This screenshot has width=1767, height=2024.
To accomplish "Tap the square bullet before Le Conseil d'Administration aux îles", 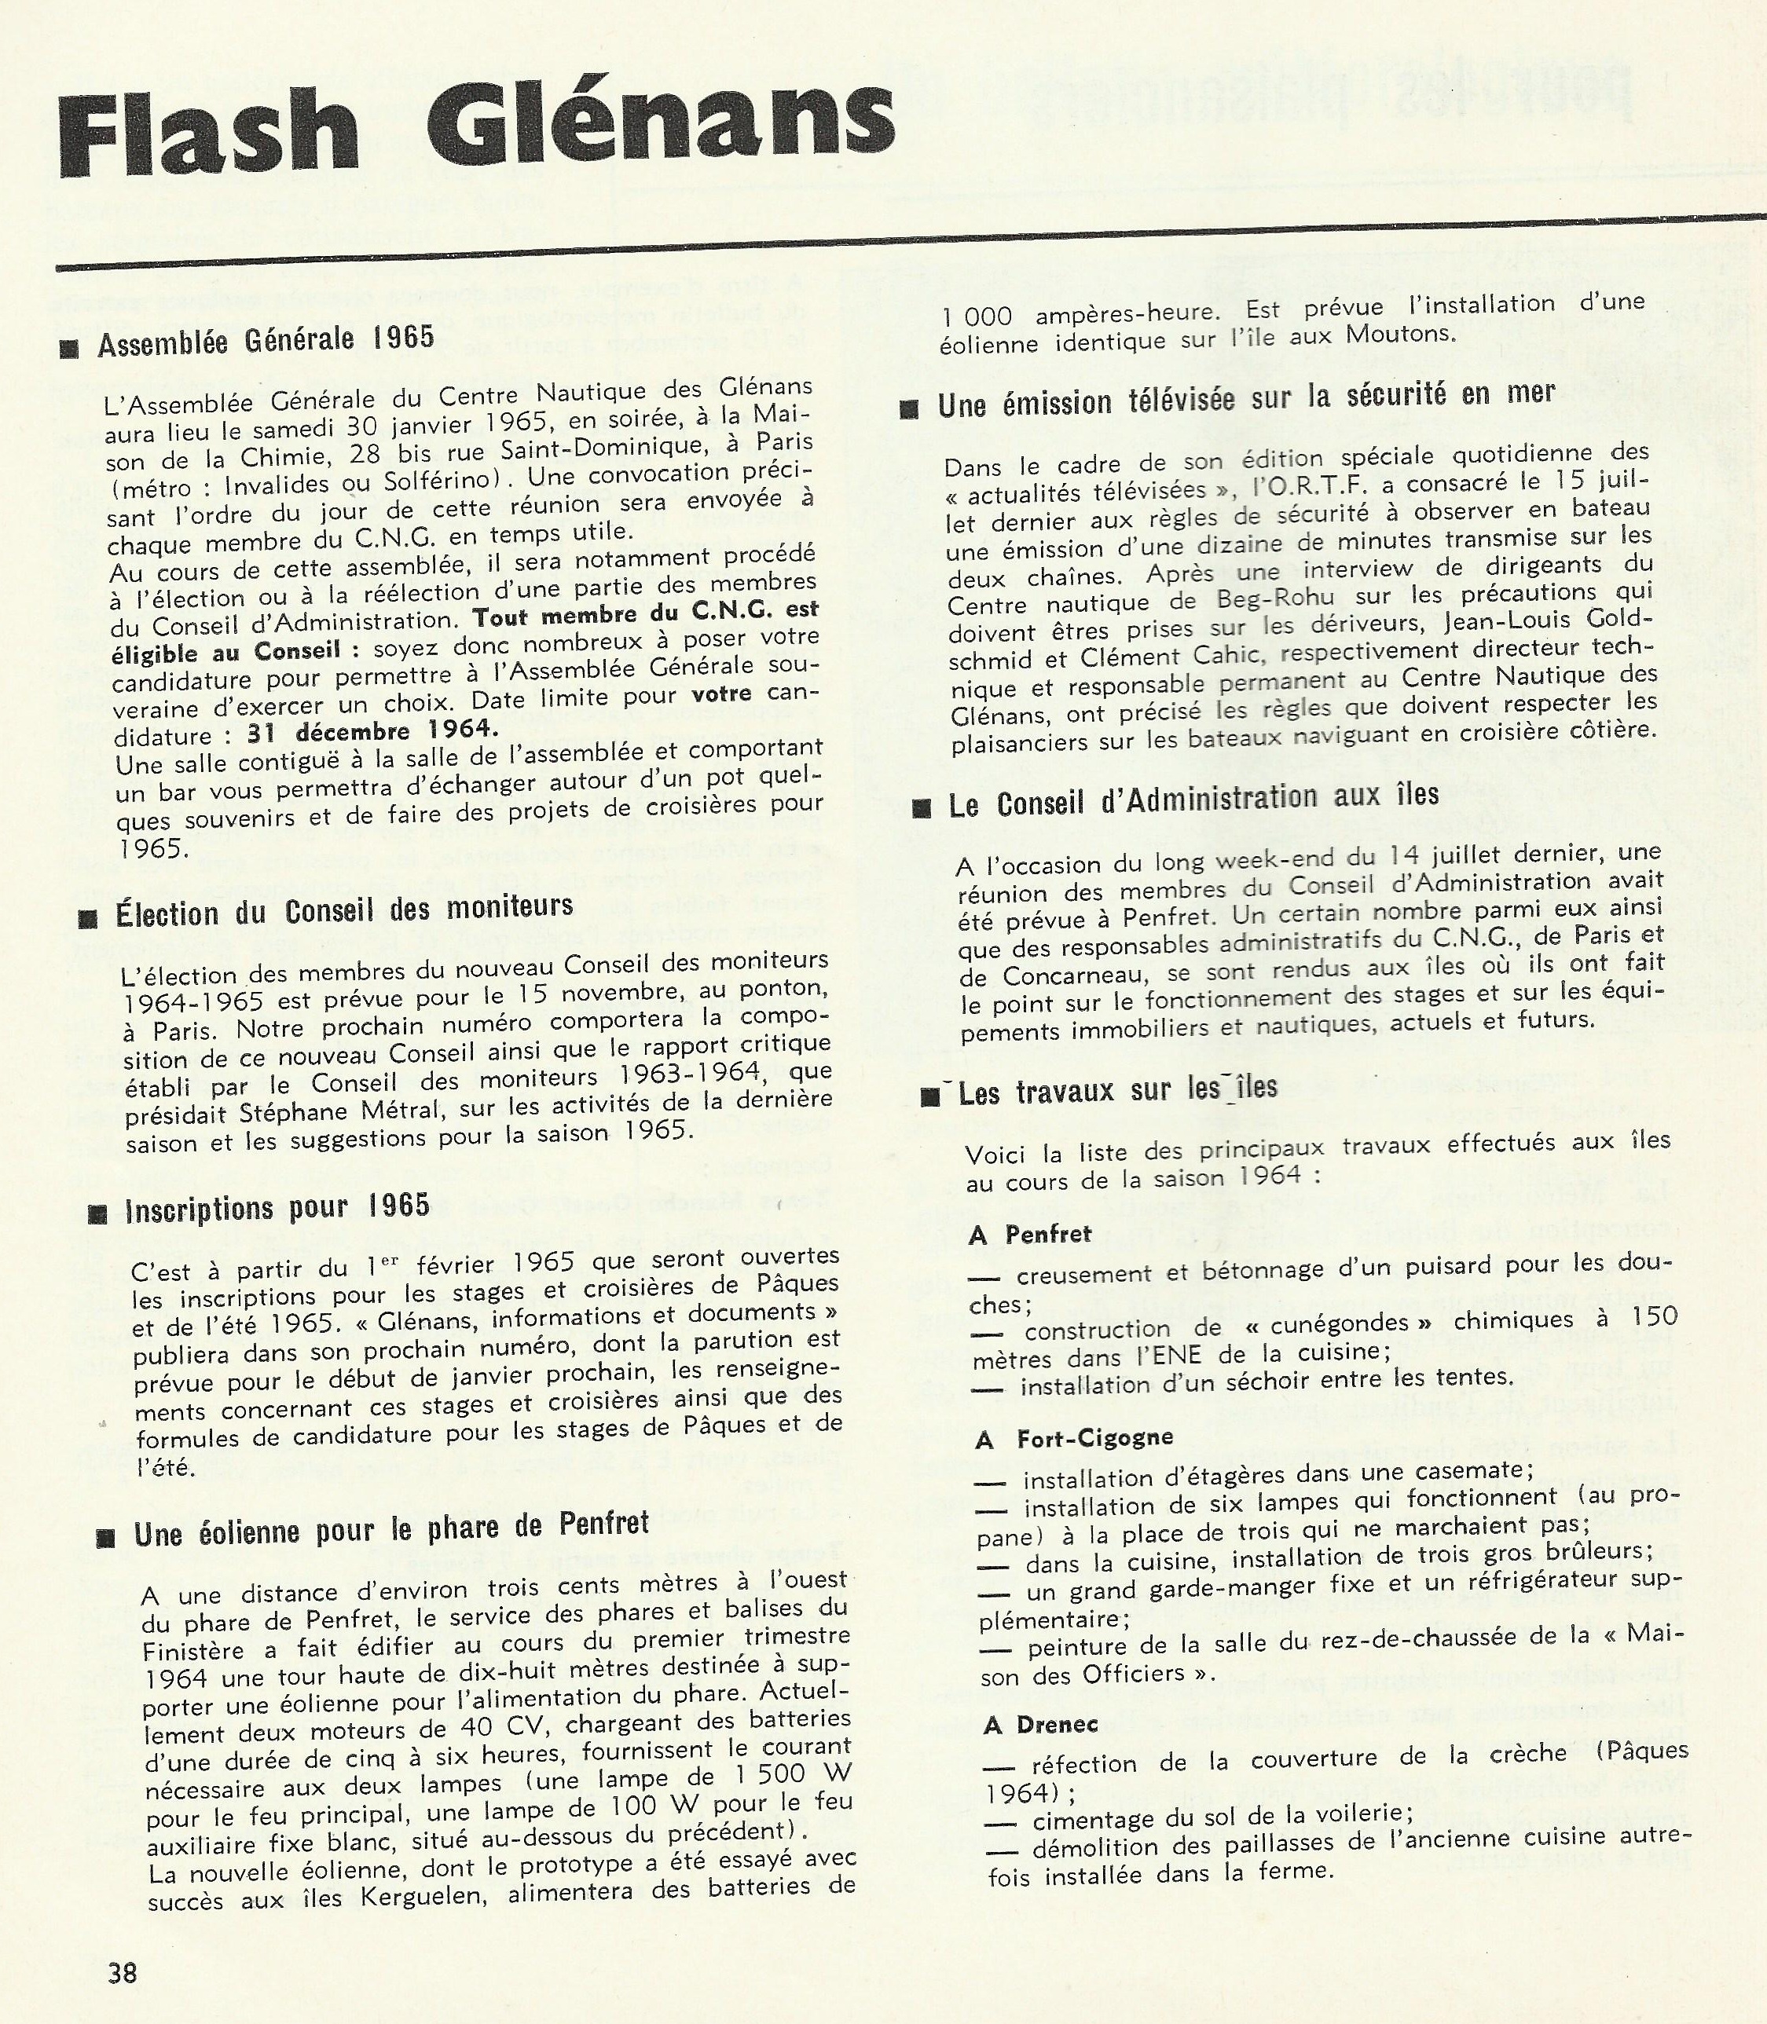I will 922,808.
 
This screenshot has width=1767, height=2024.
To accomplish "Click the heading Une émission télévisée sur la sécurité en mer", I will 1245,398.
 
